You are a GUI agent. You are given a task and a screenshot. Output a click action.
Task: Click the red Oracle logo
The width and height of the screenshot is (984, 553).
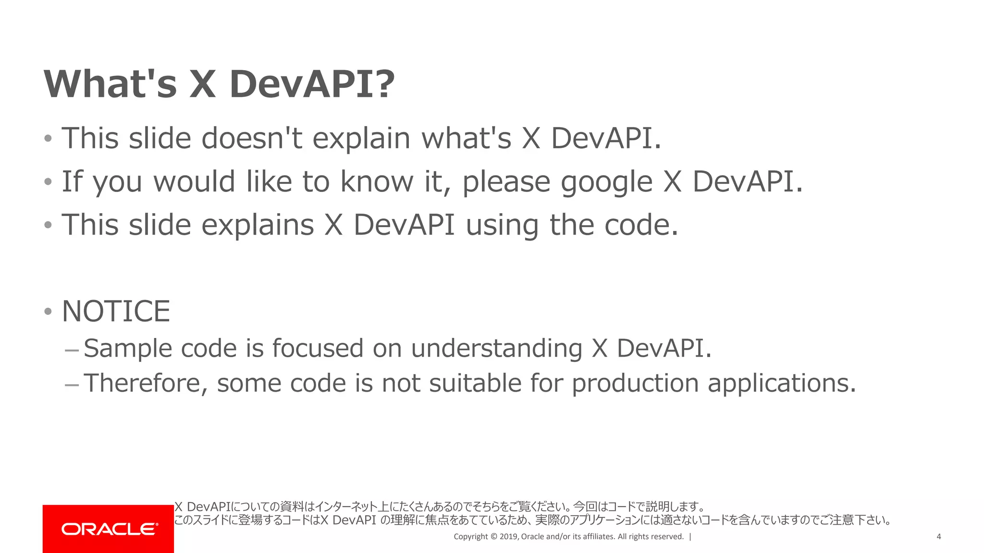pos(109,529)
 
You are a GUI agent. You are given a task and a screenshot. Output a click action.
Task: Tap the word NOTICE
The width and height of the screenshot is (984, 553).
pos(116,312)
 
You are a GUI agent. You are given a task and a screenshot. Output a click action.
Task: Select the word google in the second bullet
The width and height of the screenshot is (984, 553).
pos(607,182)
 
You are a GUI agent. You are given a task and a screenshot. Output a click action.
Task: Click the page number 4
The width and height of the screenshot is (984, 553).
pos(938,537)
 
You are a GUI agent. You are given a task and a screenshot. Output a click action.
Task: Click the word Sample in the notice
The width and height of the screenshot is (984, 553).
pos(128,349)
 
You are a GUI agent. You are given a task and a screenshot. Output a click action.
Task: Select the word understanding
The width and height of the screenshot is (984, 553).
pos(497,349)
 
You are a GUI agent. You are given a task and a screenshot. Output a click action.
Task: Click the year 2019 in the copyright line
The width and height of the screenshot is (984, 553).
pos(509,537)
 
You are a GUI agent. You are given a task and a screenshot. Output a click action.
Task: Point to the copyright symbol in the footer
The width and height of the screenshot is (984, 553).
pos(493,537)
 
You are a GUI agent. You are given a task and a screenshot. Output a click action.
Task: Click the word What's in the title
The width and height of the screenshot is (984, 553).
pos(111,84)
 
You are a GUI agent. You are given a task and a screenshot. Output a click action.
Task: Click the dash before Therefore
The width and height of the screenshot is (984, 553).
pos(72,385)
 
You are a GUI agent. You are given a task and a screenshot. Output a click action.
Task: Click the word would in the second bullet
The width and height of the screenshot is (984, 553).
pos(194,181)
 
